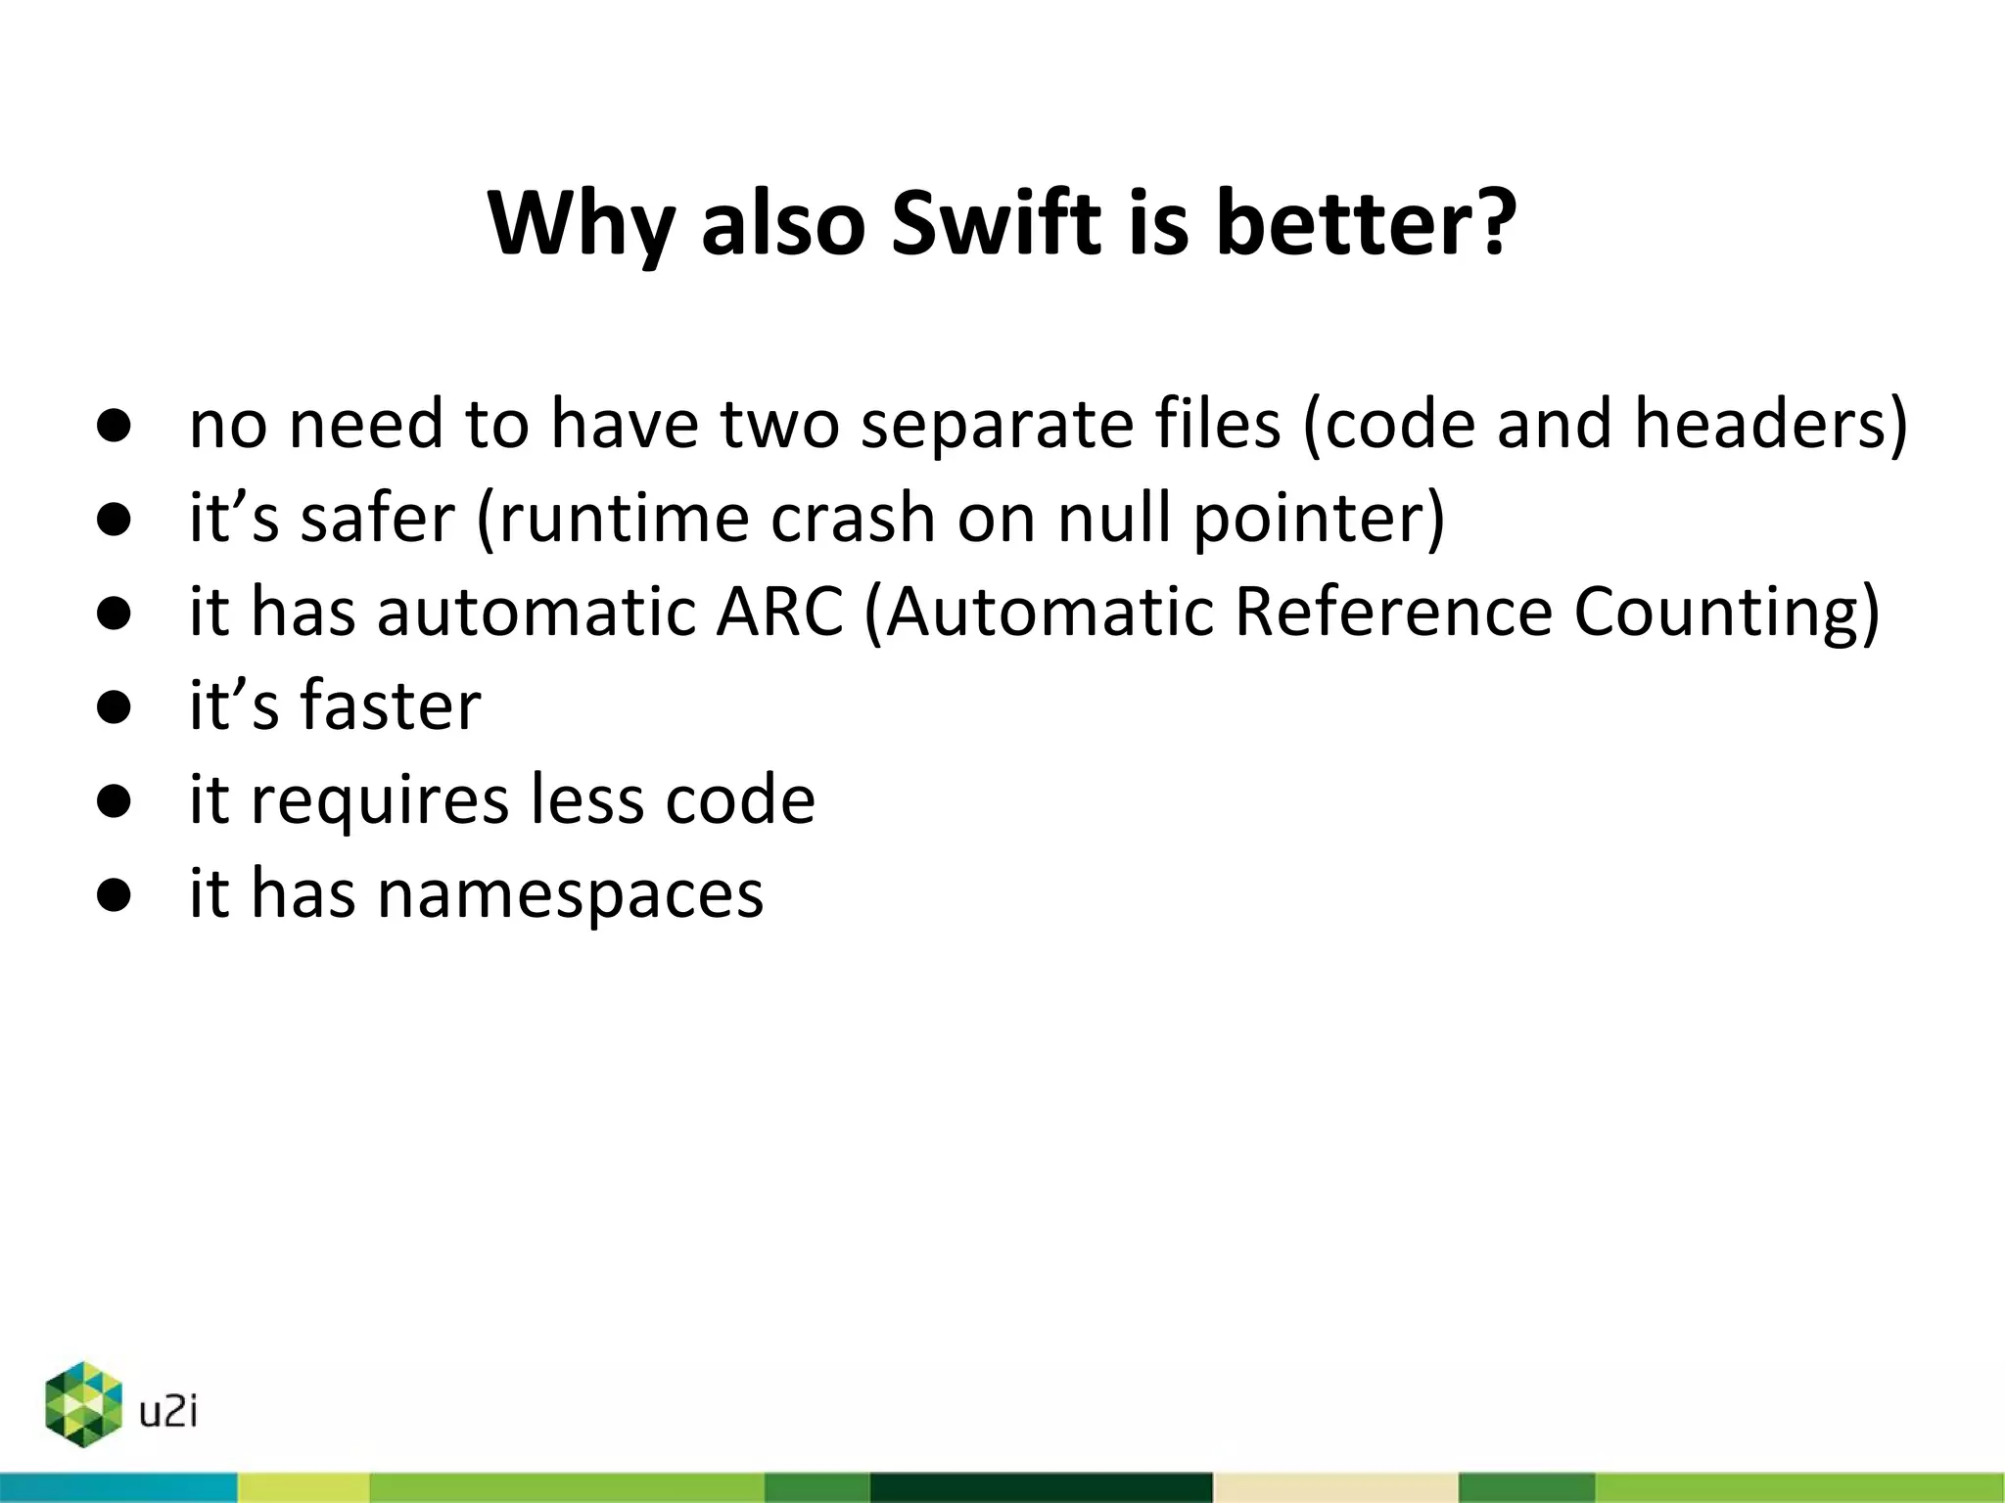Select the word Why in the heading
pyautogui.click(x=581, y=225)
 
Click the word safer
pyautogui.click(x=377, y=518)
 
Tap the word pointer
pyautogui.click(x=1308, y=520)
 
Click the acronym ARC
pyautogui.click(x=779, y=612)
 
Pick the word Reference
pyautogui.click(x=1392, y=612)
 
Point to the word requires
pyautogui.click(x=380, y=800)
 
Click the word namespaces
pyautogui.click(x=570, y=894)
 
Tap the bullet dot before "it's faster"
pyautogui.click(x=115, y=706)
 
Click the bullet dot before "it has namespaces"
pyautogui.click(x=115, y=894)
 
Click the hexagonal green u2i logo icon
pyautogui.click(x=83, y=1404)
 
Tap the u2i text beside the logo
pyautogui.click(x=168, y=1412)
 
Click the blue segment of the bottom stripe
pyautogui.click(x=117, y=1487)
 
